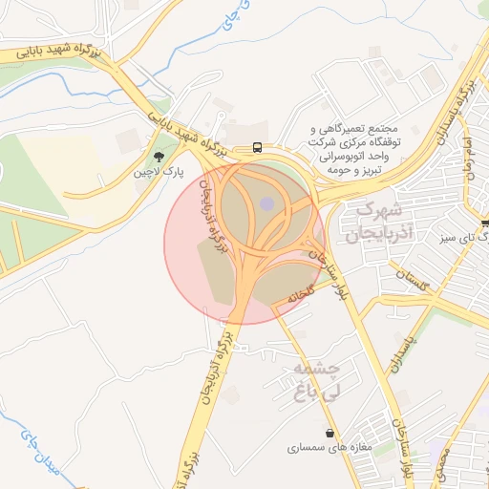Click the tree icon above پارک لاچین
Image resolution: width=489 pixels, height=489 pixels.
point(159,156)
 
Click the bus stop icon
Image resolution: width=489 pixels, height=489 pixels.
point(258,147)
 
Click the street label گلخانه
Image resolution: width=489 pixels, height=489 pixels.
point(303,297)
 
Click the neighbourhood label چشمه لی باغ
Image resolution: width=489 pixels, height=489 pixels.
point(316,379)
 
